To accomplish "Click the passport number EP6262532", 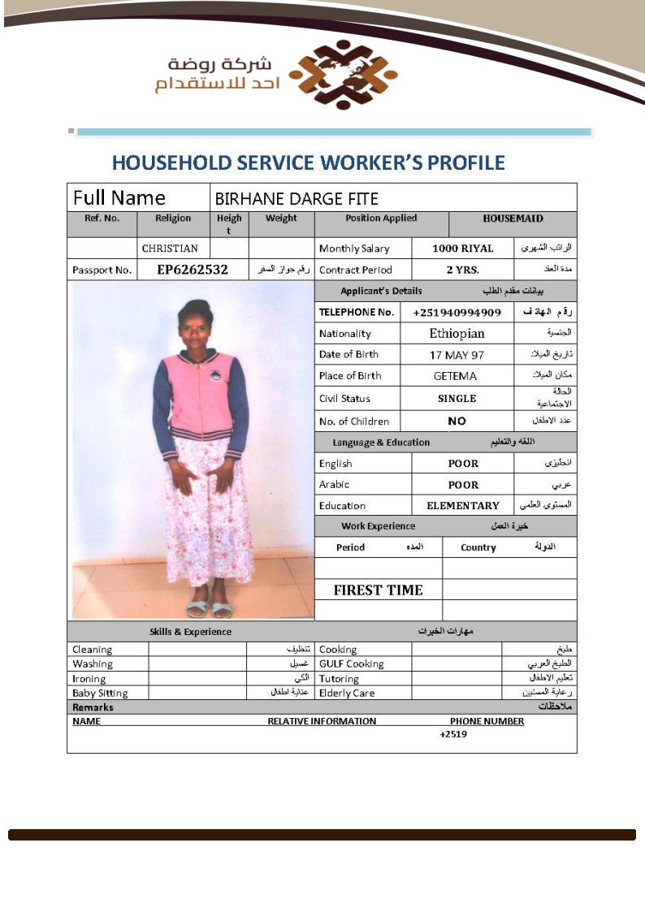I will pyautogui.click(x=193, y=270).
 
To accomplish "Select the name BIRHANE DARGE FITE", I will pyautogui.click(x=297, y=198).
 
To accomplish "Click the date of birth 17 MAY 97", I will pyautogui.click(x=457, y=355).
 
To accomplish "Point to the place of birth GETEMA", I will pyautogui.click(x=456, y=376).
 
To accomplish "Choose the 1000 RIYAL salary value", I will pyautogui.click(x=462, y=249).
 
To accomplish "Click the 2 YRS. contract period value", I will pyautogui.click(x=463, y=270).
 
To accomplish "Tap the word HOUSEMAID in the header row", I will pyautogui.click(x=513, y=218).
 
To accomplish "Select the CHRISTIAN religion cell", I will pyautogui.click(x=170, y=249).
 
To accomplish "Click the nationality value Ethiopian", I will pyautogui.click(x=457, y=333).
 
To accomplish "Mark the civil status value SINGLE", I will pyautogui.click(x=457, y=399).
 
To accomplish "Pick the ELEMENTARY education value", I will pyautogui.click(x=463, y=505).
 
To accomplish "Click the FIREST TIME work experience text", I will pyautogui.click(x=378, y=590).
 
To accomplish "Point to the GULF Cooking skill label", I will pyautogui.click(x=351, y=663).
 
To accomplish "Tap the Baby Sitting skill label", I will pyautogui.click(x=100, y=693).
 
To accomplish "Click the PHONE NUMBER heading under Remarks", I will pyautogui.click(x=487, y=721).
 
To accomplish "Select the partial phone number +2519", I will pyautogui.click(x=453, y=734).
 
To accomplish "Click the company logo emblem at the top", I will pyautogui.click(x=344, y=75).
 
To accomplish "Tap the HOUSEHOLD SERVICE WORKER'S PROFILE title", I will pyautogui.click(x=308, y=162).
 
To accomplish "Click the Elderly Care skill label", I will pyautogui.click(x=347, y=693).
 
